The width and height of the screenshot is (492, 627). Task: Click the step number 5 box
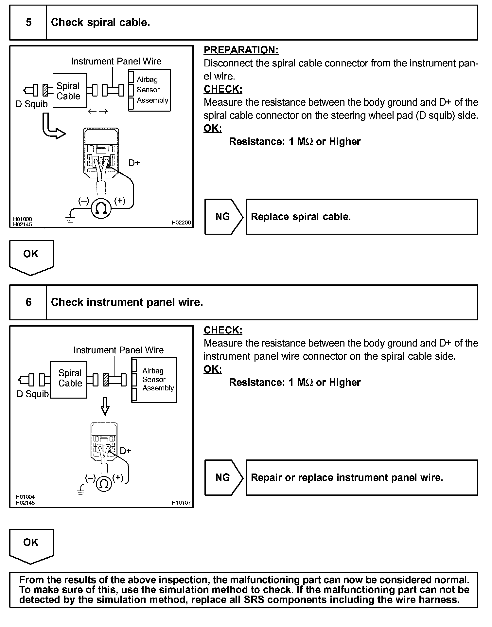tap(28, 23)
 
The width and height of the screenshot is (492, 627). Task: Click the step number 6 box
tap(28, 302)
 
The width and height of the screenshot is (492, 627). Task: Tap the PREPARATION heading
tap(241, 50)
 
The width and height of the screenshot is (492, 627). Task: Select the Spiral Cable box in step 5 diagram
tap(70, 90)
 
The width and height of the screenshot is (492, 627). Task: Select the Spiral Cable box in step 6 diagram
tap(69, 380)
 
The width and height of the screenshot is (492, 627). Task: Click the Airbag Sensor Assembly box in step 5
tap(149, 90)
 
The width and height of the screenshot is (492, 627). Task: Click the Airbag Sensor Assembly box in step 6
tap(154, 380)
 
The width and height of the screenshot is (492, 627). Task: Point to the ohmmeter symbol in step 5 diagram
tap(101, 208)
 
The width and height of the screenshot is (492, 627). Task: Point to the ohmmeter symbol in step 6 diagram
tap(104, 483)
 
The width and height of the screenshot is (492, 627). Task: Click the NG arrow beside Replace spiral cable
tap(223, 217)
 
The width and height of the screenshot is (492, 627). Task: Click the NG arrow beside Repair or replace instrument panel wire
tap(223, 477)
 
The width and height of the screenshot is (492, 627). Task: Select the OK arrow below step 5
tap(31, 257)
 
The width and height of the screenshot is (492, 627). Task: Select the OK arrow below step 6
tap(31, 546)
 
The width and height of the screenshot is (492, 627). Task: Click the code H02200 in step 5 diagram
tap(181, 223)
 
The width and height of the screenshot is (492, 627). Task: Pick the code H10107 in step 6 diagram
tap(181, 503)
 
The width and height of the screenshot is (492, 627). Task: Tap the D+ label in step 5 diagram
tap(134, 163)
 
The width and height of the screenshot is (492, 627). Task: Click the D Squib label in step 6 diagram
tap(32, 394)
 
